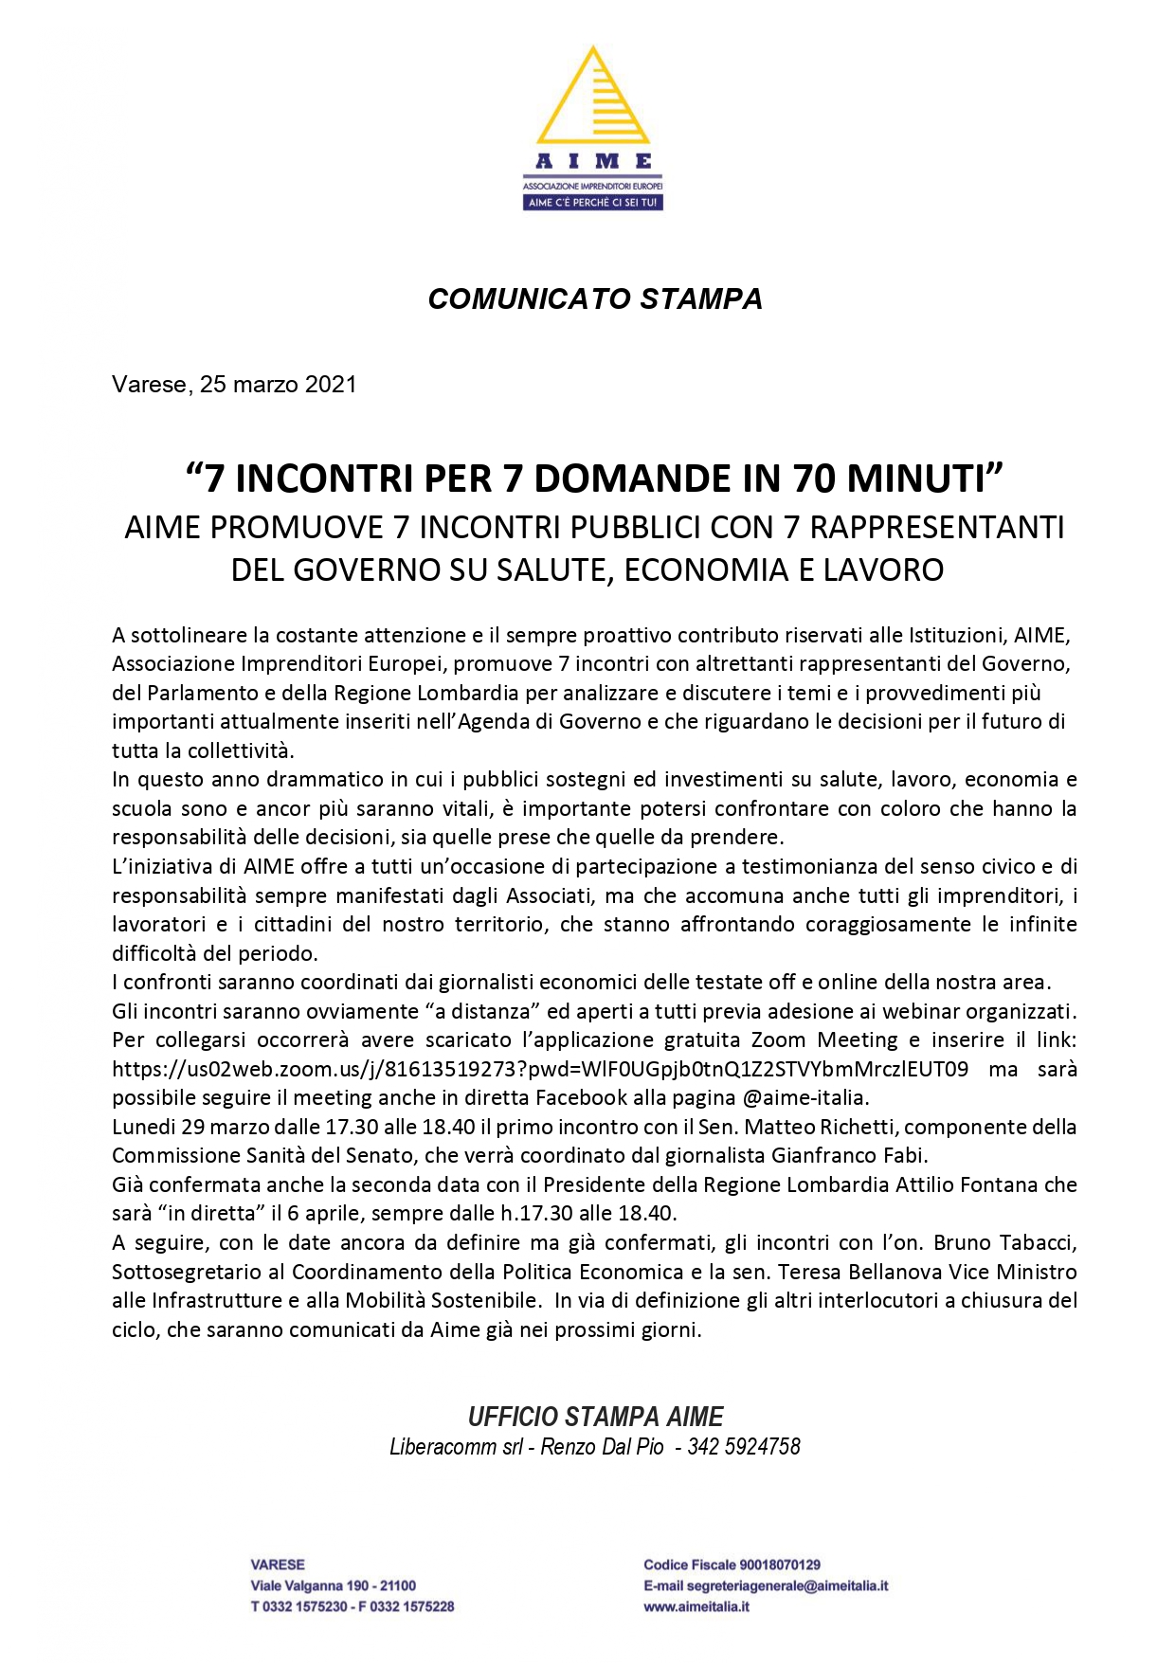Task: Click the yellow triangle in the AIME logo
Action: click(x=593, y=99)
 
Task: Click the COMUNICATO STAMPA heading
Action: click(x=595, y=298)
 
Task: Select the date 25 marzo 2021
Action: click(x=278, y=385)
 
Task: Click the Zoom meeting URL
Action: click(x=540, y=1069)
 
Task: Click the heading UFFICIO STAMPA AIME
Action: click(x=595, y=1417)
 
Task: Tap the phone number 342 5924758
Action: click(x=744, y=1447)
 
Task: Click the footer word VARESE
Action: click(x=278, y=1564)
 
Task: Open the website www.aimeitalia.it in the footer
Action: click(x=696, y=1606)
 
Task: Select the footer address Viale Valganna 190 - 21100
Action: click(x=333, y=1585)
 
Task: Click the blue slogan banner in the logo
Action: click(x=593, y=203)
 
